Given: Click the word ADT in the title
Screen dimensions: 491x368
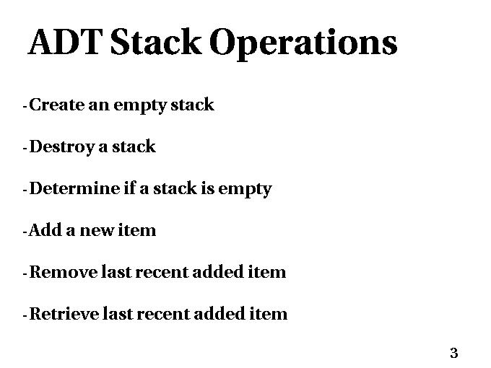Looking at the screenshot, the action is click(65, 42).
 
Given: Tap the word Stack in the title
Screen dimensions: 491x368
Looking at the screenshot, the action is click(156, 42).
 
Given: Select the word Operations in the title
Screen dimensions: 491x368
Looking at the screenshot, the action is click(303, 44).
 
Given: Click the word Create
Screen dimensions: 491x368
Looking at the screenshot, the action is click(56, 105).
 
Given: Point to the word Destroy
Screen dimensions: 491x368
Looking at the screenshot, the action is click(61, 147).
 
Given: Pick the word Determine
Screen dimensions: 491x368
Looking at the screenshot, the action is click(74, 188).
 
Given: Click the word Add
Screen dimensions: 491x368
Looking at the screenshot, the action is click(45, 230).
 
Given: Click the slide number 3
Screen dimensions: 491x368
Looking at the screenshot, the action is click(454, 353).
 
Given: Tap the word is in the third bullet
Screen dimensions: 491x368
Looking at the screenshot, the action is click(208, 189).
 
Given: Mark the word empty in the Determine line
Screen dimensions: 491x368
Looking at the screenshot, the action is click(245, 190).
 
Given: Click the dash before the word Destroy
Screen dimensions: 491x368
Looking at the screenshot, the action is click(25, 148).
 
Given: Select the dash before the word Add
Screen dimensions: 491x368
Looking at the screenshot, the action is click(25, 232).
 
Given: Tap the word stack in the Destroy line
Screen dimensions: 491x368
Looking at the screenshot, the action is click(134, 146).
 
